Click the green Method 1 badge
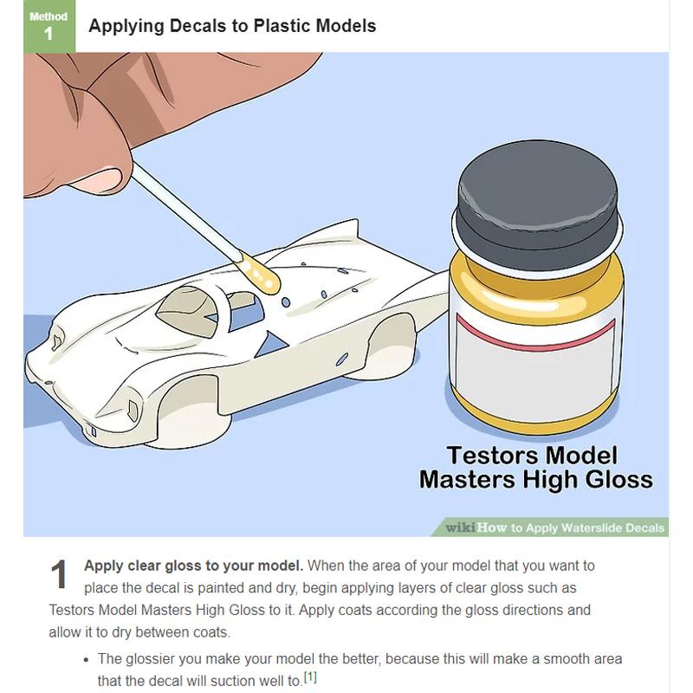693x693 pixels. point(49,26)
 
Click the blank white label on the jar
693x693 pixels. point(535,375)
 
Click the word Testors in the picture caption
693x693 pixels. point(487,456)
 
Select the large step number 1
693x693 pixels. point(59,573)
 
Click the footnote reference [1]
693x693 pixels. point(310,677)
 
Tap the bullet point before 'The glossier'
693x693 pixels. point(87,659)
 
